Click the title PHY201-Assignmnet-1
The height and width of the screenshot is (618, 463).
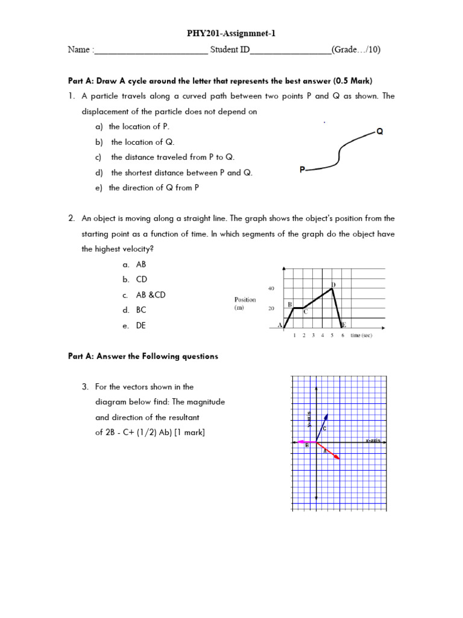coord(231,34)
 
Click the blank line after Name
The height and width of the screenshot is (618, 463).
coord(151,52)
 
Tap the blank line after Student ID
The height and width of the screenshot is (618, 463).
coord(290,52)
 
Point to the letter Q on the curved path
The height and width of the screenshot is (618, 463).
coord(380,131)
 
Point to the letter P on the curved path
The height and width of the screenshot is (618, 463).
coord(302,170)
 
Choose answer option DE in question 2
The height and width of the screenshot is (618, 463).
coord(140,326)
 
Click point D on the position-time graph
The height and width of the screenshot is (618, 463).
coord(333,285)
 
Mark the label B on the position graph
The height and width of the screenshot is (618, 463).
coord(290,304)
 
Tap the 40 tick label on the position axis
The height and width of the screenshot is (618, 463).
coord(271,288)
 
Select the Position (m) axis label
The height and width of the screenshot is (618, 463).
coord(245,304)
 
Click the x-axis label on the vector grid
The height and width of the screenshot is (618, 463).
coord(373,441)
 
